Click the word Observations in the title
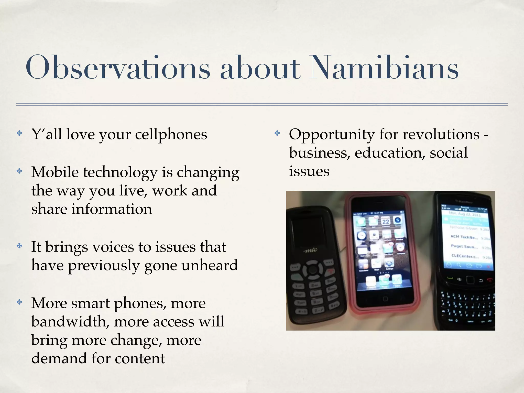coord(118,68)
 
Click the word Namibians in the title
coord(384,68)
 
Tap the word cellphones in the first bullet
coord(171,135)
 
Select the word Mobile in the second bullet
coord(55,172)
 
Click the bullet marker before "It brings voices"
coord(19,246)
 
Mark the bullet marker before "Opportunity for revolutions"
coord(277,133)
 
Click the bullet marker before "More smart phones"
coord(19,302)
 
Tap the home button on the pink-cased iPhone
coord(385,299)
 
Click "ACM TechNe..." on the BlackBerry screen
coord(464,237)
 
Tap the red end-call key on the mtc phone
coord(331,271)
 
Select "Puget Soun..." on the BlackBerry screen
coord(464,247)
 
